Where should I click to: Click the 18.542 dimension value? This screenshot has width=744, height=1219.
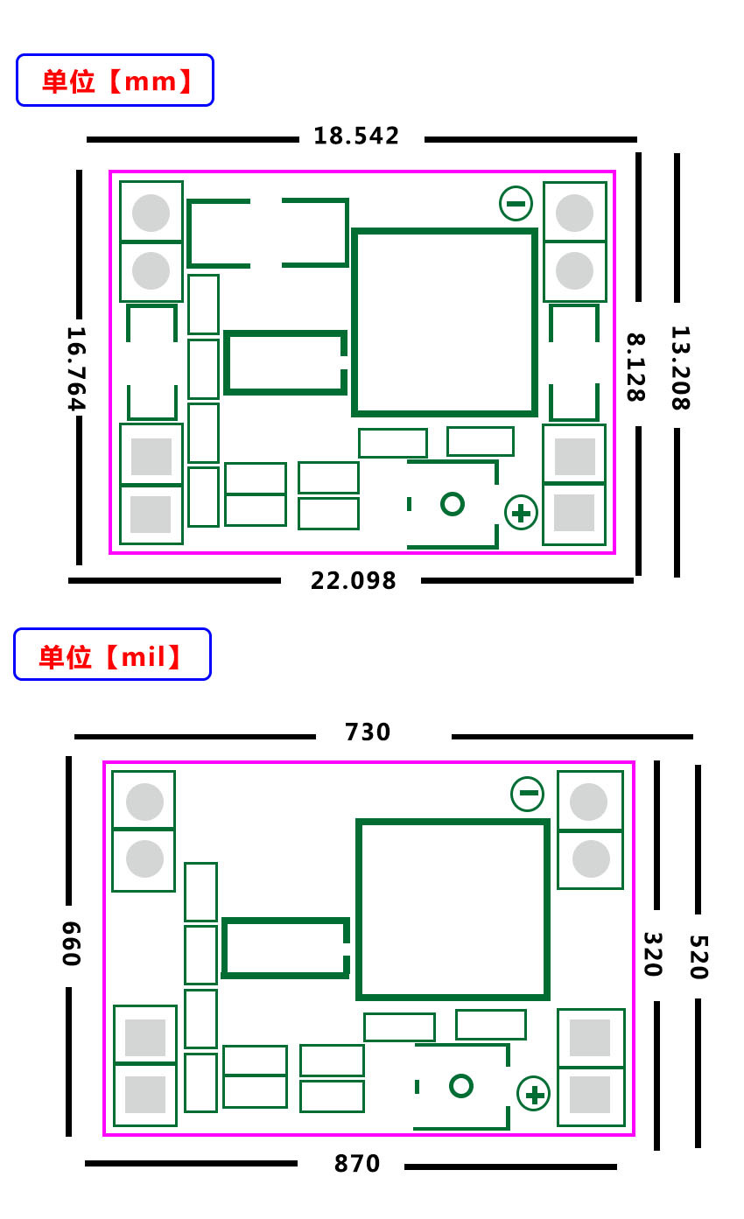(x=356, y=136)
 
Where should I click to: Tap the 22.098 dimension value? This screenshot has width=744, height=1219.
(x=354, y=581)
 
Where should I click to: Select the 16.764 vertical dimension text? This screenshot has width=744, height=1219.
(x=76, y=368)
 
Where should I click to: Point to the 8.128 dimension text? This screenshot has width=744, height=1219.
(x=636, y=368)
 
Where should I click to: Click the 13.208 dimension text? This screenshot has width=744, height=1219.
(x=681, y=368)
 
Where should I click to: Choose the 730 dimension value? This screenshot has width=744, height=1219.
(x=368, y=732)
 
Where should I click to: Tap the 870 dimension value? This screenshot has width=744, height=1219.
(x=357, y=1164)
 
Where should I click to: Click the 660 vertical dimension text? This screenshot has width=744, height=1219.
(x=72, y=943)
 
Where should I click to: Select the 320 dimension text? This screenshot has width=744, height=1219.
(x=653, y=955)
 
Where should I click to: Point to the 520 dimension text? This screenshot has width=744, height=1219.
(x=698, y=957)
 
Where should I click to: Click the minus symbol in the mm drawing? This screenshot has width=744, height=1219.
(x=516, y=204)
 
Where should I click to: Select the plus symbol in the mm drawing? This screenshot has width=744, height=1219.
(x=521, y=513)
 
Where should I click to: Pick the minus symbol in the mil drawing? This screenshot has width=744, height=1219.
(x=528, y=794)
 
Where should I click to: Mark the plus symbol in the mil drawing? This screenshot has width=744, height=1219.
(x=533, y=1094)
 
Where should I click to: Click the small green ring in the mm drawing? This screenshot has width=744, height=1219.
(x=453, y=504)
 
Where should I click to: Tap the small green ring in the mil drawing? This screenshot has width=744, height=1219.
(x=461, y=1086)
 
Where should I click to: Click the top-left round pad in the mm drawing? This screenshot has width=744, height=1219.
(x=151, y=213)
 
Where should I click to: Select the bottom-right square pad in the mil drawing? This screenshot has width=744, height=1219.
(x=590, y=1095)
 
